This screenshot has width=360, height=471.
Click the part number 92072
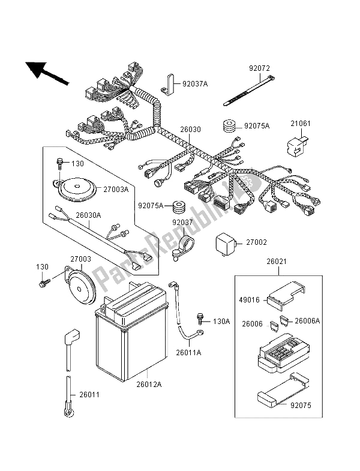pyautogui.click(x=257, y=69)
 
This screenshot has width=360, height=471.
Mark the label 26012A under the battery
pyautogui.click(x=149, y=384)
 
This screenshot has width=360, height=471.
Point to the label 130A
pyautogui.click(x=221, y=321)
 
